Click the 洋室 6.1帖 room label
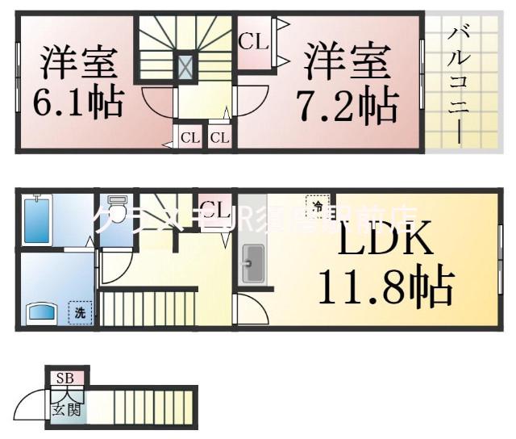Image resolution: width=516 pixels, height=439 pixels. pyautogui.click(x=78, y=82)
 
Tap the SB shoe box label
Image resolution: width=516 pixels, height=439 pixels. pyautogui.click(x=64, y=378)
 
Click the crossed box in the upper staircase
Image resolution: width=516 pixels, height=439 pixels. pyautogui.click(x=185, y=65)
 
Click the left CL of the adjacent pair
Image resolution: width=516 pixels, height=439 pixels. pyautogui.click(x=189, y=137)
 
